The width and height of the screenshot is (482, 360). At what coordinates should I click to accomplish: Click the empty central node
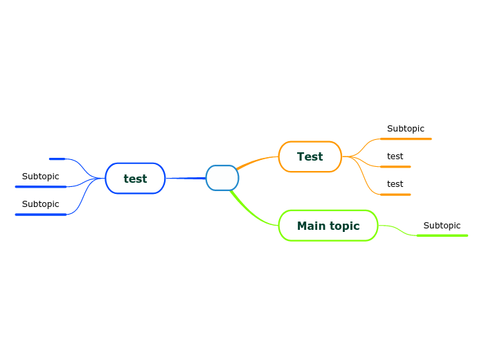click(222, 178)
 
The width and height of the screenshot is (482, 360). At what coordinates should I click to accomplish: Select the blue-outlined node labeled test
click(135, 179)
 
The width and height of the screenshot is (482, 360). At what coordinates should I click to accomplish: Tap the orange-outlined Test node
click(310, 156)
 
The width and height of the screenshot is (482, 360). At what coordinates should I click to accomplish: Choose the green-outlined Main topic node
click(328, 226)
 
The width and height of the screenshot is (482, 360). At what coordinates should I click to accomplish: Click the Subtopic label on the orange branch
click(405, 129)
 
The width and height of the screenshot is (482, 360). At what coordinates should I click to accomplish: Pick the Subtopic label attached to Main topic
click(442, 226)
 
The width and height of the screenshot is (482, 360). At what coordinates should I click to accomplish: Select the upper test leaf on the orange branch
click(395, 156)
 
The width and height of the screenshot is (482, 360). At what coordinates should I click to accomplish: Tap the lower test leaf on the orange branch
click(395, 184)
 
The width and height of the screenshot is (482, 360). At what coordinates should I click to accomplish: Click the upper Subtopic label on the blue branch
click(40, 177)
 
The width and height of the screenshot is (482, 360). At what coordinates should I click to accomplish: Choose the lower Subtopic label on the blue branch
click(40, 204)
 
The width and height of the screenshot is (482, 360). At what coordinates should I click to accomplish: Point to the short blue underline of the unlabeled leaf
click(57, 159)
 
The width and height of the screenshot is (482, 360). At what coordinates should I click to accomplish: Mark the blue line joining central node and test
click(186, 179)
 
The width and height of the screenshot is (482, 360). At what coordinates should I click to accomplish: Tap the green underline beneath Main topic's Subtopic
click(442, 235)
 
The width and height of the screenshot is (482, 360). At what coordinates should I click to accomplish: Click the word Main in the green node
click(311, 226)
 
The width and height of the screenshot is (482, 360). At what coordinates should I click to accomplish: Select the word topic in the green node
click(344, 226)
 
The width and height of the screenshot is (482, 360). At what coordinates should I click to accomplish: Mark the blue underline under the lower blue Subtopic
click(41, 215)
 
